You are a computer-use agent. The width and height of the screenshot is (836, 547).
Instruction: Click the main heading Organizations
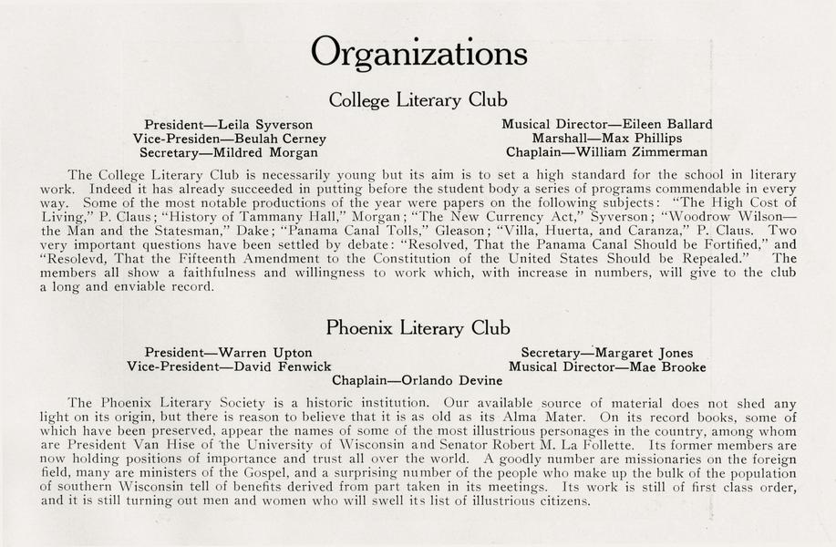tap(418, 53)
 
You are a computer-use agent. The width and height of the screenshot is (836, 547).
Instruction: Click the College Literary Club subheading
tap(418, 100)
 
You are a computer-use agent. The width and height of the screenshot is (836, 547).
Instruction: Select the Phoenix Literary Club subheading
tap(418, 328)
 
